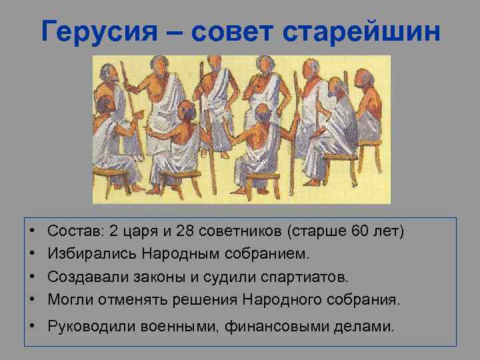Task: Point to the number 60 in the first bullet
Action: click(361, 231)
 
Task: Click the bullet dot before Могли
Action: click(33, 299)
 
